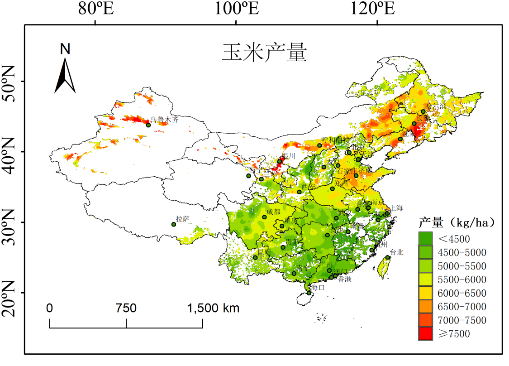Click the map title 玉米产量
point(264,53)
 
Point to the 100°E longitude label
point(236,9)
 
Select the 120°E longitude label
point(376,9)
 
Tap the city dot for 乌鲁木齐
point(148,125)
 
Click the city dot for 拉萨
point(174,224)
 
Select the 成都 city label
point(273,212)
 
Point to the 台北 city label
point(396,252)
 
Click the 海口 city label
point(318,288)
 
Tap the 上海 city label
point(396,208)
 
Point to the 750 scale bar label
point(126,308)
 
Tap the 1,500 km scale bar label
point(213,308)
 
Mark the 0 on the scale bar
point(49,308)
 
